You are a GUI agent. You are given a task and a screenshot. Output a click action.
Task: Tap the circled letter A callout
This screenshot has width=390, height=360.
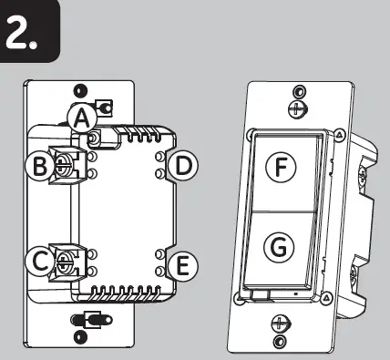pyautogui.click(x=82, y=117)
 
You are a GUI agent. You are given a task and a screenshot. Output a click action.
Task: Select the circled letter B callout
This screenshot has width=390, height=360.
pyautogui.click(x=40, y=166)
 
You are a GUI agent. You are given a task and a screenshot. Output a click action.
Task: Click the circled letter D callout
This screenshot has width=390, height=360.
pyautogui.click(x=184, y=166)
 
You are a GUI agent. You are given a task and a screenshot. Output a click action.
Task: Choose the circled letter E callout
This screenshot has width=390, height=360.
pyautogui.click(x=184, y=265)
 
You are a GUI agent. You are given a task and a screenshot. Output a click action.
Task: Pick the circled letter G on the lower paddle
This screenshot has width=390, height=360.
pyautogui.click(x=281, y=246)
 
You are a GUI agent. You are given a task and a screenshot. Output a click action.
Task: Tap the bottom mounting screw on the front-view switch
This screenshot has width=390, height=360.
pyautogui.click(x=280, y=323)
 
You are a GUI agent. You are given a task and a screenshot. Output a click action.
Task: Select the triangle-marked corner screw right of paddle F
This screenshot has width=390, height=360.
pyautogui.click(x=339, y=134)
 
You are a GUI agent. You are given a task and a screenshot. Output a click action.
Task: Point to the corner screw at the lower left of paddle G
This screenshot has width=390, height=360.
pyautogui.click(x=239, y=297)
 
